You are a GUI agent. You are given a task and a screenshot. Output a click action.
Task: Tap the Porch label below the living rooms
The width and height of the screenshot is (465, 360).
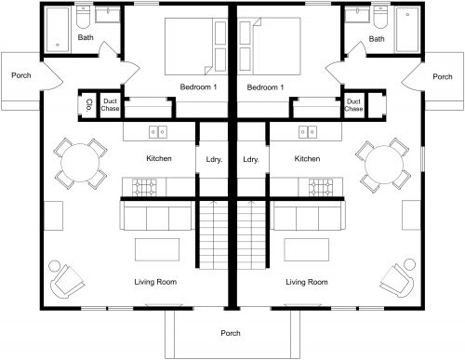click(231, 333)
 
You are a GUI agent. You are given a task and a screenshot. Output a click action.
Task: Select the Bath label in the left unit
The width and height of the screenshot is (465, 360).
click(86, 38)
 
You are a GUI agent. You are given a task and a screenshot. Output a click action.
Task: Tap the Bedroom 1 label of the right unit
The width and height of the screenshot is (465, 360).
click(265, 87)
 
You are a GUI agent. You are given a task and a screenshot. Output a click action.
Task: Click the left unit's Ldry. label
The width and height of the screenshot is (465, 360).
click(211, 159)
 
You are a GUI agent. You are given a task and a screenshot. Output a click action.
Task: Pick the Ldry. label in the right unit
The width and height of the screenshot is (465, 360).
click(250, 159)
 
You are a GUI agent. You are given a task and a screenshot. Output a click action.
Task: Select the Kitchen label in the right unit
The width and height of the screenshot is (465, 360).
click(307, 159)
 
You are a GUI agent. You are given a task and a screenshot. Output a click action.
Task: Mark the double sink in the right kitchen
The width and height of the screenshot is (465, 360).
click(307, 131)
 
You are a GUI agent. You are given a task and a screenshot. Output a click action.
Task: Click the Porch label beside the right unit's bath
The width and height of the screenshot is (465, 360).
click(443, 76)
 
